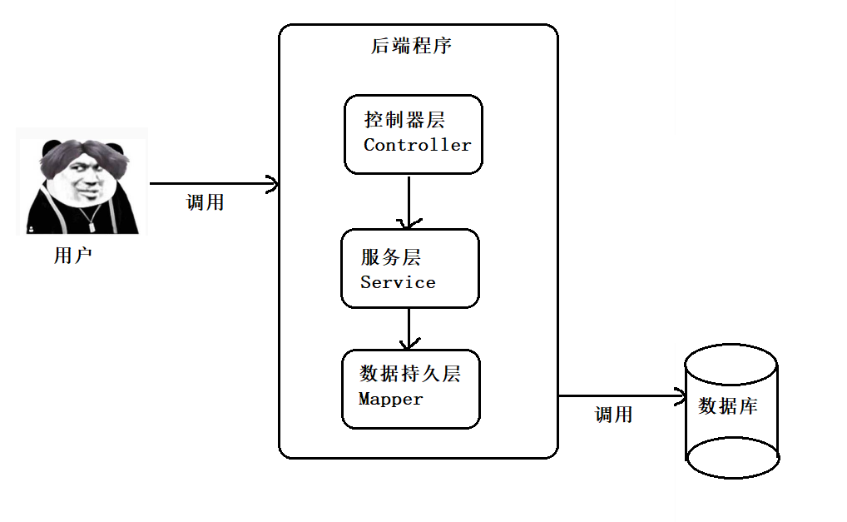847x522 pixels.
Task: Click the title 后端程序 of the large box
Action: tap(411, 46)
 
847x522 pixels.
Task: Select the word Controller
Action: tap(418, 145)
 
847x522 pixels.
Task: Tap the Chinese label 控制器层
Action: tap(404, 119)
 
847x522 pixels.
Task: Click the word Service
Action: tap(398, 282)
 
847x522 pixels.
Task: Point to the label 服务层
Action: tap(390, 257)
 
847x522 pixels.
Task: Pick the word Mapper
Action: tap(390, 400)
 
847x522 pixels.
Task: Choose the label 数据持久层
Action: tap(410, 374)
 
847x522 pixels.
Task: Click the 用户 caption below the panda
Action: tap(73, 255)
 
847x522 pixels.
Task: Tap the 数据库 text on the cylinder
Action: tap(728, 405)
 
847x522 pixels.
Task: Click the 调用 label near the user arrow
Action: tap(206, 202)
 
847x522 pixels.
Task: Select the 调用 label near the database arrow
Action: tap(614, 415)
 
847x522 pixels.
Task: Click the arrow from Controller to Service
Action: tap(409, 201)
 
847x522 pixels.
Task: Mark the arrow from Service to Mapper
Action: tap(409, 329)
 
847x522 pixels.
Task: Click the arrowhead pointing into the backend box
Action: tap(273, 184)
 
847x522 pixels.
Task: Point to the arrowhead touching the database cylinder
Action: tap(680, 396)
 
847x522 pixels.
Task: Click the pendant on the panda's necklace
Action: tap(92, 226)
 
